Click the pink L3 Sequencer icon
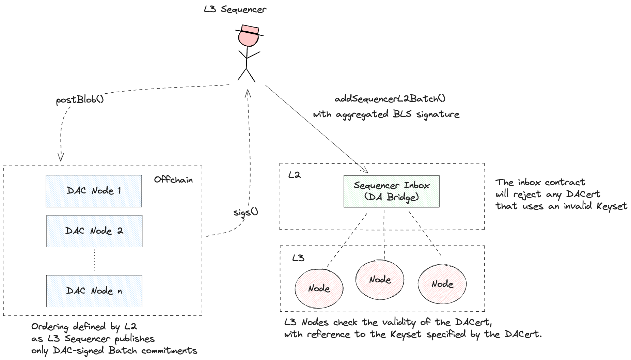click(249, 36)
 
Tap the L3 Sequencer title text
click(235, 9)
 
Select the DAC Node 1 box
click(94, 191)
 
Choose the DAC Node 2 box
click(94, 231)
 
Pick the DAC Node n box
click(94, 291)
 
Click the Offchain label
click(173, 179)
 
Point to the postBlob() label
click(80, 100)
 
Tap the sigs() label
click(246, 212)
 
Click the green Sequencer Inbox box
click(391, 191)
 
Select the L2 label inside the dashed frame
click(294, 175)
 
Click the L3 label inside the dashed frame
click(298, 258)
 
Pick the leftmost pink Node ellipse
click(319, 288)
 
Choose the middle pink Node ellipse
click(380, 280)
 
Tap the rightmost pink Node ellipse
click(442, 284)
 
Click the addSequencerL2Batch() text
click(390, 99)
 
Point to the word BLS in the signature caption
click(402, 114)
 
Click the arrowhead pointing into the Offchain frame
click(61, 158)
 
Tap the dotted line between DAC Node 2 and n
click(94, 261)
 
